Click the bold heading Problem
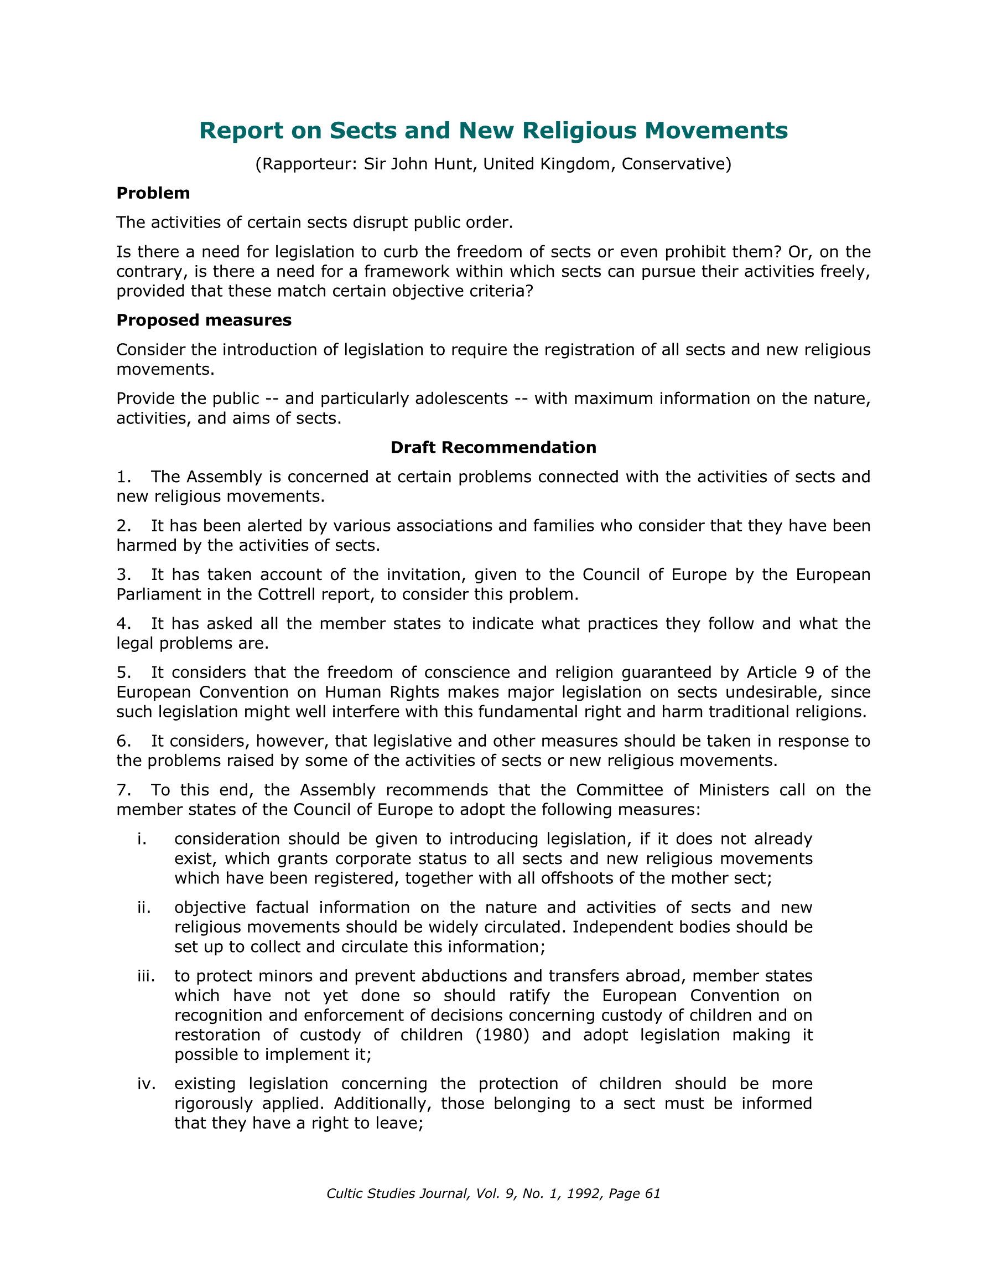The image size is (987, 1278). tap(153, 193)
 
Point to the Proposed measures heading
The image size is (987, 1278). tap(204, 320)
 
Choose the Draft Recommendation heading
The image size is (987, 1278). tap(493, 447)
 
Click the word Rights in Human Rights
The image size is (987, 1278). tap(414, 692)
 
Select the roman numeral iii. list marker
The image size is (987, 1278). tap(145, 976)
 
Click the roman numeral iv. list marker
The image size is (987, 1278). tap(146, 1084)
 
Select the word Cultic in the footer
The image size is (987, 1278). tap(345, 1193)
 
